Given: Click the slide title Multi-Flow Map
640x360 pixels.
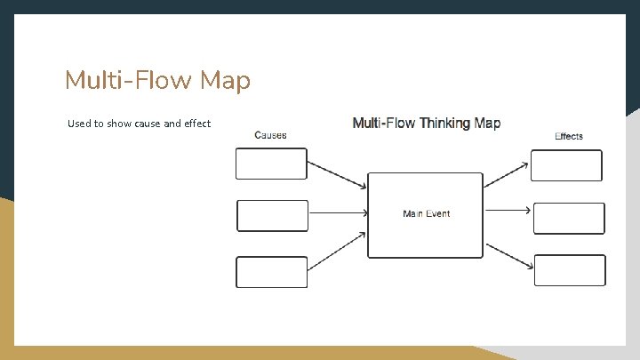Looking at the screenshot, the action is tap(157, 81).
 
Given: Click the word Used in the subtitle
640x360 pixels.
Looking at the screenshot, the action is tap(79, 124).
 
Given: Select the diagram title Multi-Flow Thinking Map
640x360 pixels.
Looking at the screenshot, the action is tap(427, 124).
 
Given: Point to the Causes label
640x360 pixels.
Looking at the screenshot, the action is tap(270, 135).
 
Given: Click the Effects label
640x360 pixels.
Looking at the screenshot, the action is tap(569, 136).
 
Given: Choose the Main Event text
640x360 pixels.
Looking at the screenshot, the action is tap(427, 213).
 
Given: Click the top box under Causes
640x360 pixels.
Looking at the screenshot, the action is tap(271, 164).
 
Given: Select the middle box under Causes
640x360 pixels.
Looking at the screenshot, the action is tap(272, 215).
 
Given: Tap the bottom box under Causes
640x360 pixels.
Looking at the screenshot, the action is tap(271, 272).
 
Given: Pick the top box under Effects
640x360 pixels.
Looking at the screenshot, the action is tap(566, 165).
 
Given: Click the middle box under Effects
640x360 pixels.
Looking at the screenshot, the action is tap(569, 219).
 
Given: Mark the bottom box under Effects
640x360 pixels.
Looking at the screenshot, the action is tap(570, 270).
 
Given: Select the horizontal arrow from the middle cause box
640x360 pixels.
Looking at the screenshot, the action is tap(338, 212).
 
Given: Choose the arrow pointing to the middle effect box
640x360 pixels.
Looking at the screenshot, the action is tap(508, 211).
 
